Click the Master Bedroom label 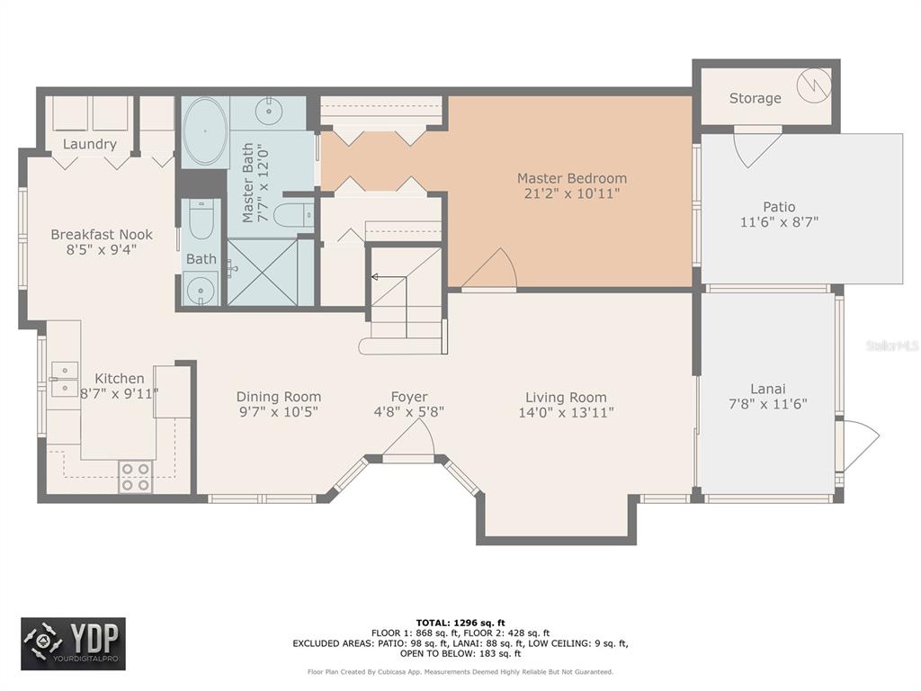(571, 178)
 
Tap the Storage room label (755, 98)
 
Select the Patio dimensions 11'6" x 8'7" (779, 222)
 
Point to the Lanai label (768, 389)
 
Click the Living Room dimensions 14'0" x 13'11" (566, 412)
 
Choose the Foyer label (409, 397)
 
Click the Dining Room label (279, 397)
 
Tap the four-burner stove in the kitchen (136, 477)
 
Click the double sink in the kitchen (64, 379)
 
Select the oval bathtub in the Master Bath (205, 131)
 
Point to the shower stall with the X (263, 273)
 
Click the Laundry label (89, 144)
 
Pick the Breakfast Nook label (102, 235)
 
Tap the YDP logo (74, 644)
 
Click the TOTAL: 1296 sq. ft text (460, 623)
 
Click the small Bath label (201, 258)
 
